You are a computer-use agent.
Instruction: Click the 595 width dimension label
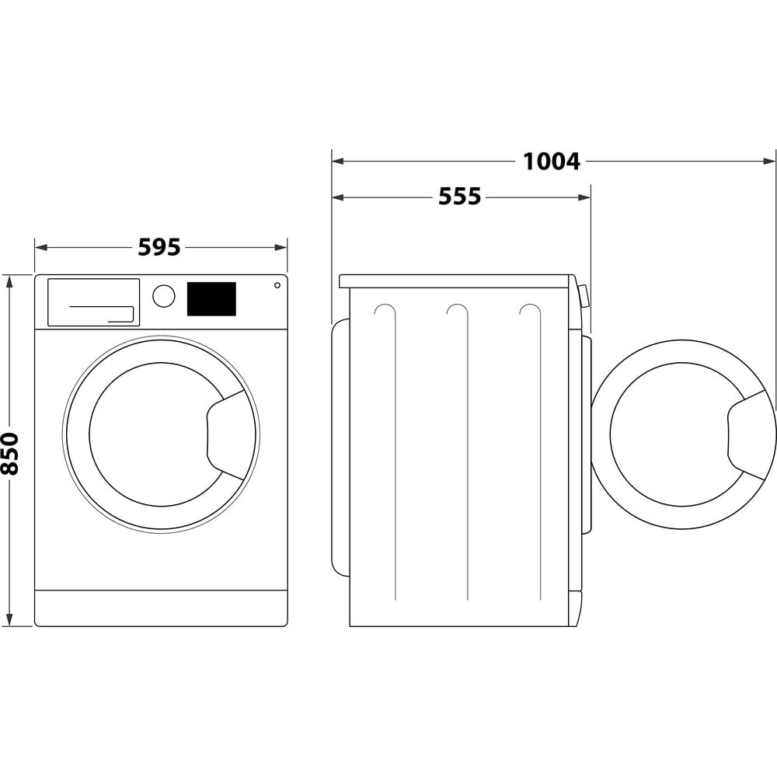coord(159,247)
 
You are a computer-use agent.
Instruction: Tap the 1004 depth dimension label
coord(551,162)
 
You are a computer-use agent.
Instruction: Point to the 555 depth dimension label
coord(459,197)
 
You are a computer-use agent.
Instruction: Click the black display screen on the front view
coord(211,299)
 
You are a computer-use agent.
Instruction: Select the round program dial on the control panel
coord(164,296)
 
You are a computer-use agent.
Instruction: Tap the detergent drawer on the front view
coord(93,302)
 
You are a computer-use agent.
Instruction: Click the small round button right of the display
coord(277,285)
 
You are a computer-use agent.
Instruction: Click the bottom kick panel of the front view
coord(161,608)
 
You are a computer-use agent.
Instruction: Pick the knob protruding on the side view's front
coord(584,296)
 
